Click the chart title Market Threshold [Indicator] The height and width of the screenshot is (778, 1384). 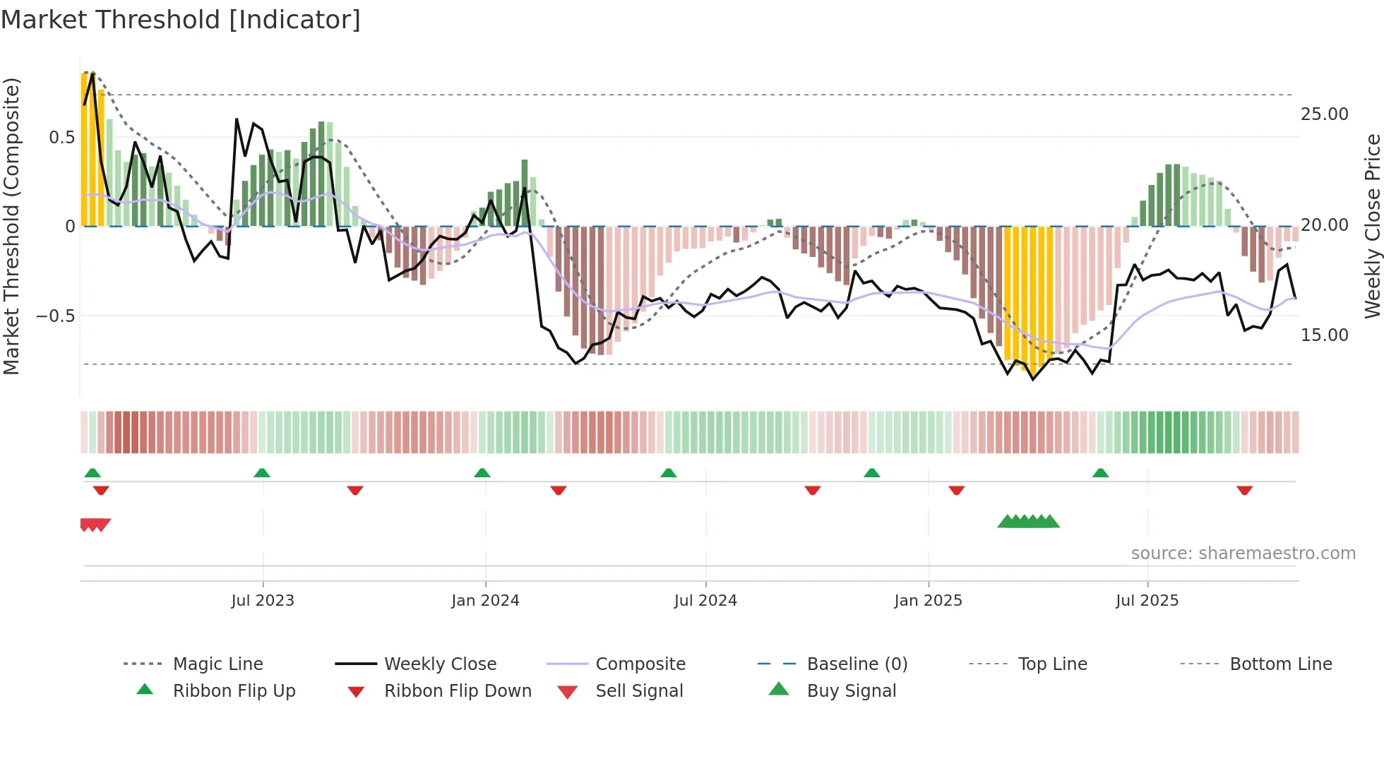click(x=181, y=20)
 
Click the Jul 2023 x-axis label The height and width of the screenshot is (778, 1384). click(x=263, y=601)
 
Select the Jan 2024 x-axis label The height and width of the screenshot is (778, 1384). click(x=485, y=601)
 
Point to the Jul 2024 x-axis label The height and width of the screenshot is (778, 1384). click(x=705, y=601)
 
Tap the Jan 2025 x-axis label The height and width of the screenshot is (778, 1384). click(x=928, y=601)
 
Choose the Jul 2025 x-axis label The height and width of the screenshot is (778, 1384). click(x=1147, y=601)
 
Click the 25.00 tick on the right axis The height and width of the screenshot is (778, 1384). click(x=1324, y=114)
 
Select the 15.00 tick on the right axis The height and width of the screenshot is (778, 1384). click(x=1324, y=335)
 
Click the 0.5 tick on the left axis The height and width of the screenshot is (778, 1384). click(x=61, y=138)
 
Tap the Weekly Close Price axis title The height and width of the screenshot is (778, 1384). click(x=1372, y=226)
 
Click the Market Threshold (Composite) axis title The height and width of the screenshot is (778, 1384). click(x=11, y=226)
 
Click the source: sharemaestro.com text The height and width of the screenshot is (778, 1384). click(x=1243, y=553)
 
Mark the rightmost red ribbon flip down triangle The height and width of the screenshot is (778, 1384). click(x=1244, y=491)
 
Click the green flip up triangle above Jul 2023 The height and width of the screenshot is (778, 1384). click(x=262, y=473)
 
